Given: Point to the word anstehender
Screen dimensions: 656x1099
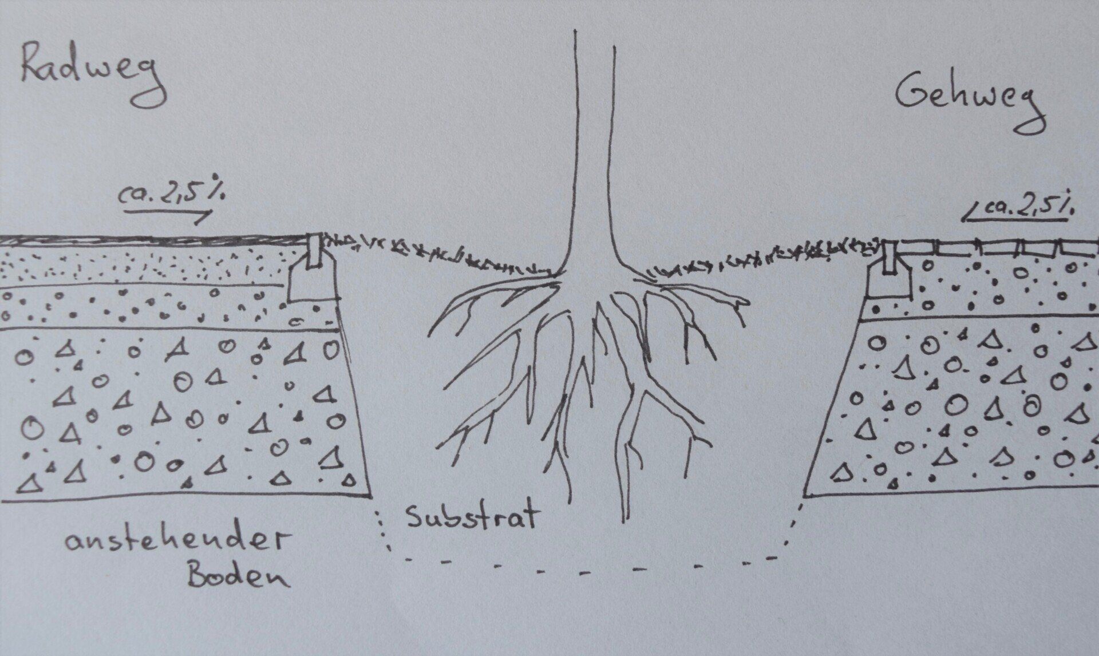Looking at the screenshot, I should tap(174, 541).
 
